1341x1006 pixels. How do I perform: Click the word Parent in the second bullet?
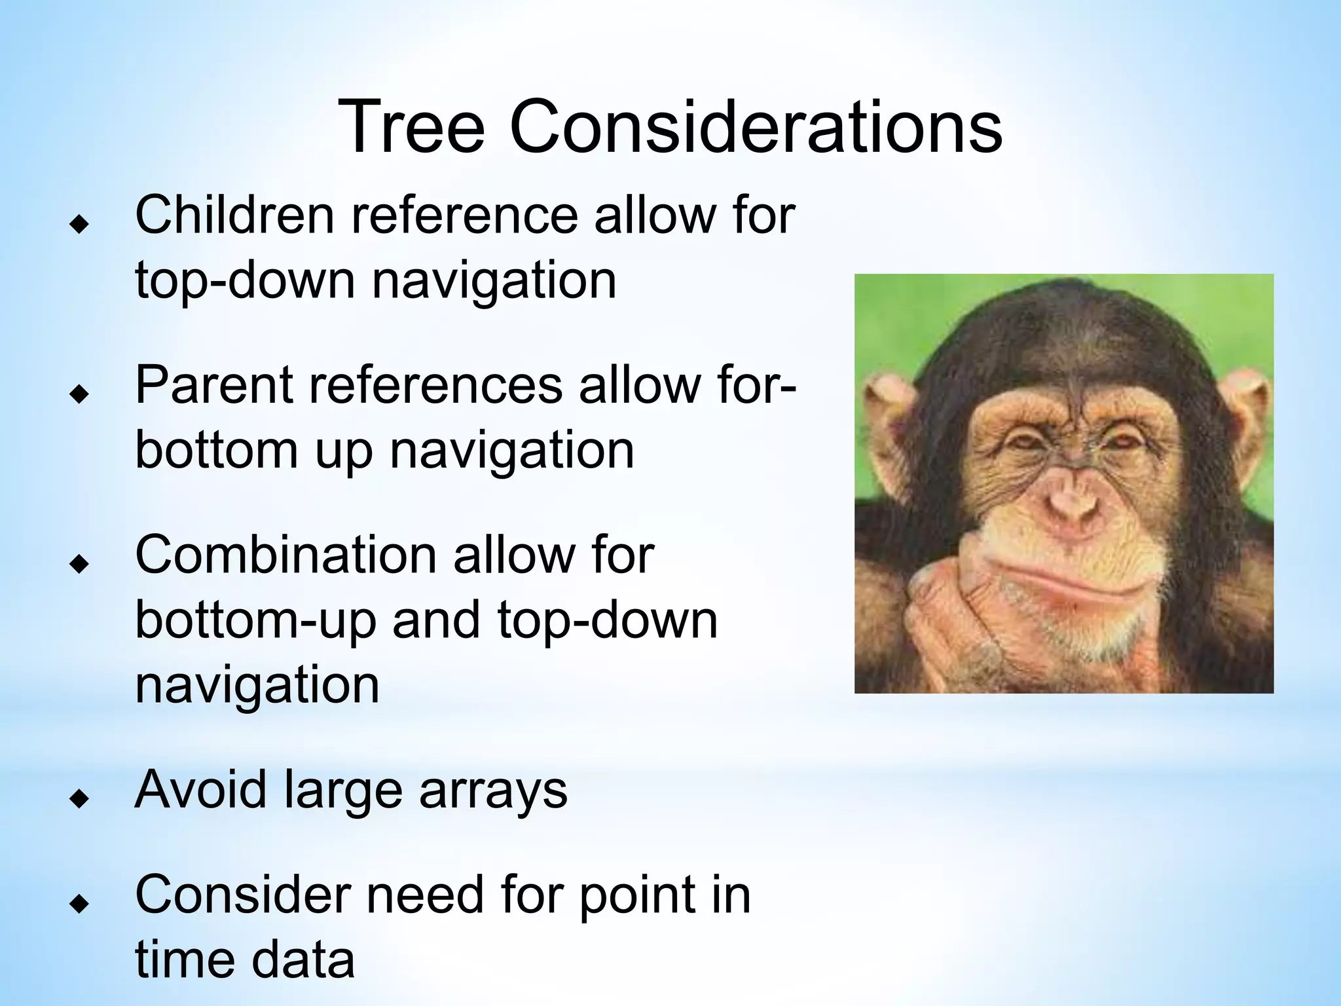(212, 386)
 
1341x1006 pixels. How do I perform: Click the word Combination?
(285, 555)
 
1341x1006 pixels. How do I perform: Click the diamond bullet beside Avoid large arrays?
(79, 799)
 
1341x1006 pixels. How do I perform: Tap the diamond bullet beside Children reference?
(79, 225)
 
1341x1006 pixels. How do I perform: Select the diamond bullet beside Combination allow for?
(79, 564)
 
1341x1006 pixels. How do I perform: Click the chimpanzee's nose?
(1074, 501)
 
